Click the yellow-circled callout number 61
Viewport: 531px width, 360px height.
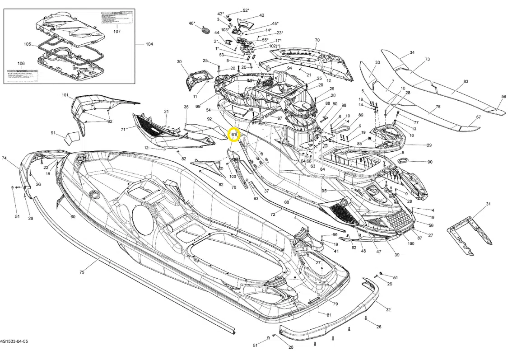(233, 135)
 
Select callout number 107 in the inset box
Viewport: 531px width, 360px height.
(117, 32)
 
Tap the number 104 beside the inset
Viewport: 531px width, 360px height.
(149, 44)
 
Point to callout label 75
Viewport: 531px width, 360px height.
(82, 272)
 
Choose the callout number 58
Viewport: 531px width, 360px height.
(503, 97)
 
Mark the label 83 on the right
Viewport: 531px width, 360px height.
(453, 82)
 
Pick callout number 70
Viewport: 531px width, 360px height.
(317, 40)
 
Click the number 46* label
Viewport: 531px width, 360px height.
(192, 23)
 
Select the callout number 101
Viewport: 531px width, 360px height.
(65, 95)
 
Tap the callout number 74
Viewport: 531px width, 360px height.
(4, 158)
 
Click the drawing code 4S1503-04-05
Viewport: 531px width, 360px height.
(14, 341)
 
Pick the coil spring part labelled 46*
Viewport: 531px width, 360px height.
(206, 30)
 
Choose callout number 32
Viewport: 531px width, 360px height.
(388, 309)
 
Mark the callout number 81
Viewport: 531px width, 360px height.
(329, 314)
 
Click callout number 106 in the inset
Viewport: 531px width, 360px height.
(21, 63)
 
